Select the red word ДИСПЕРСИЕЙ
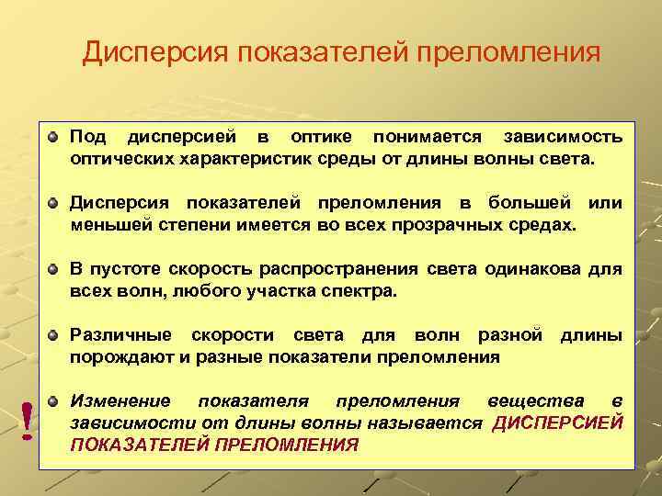[558, 423]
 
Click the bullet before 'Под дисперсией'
[56, 137]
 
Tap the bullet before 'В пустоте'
[56, 269]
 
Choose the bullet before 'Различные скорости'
[56, 335]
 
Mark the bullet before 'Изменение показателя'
[56, 401]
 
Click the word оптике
[320, 137]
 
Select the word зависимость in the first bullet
[563, 137]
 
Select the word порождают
[119, 356]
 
